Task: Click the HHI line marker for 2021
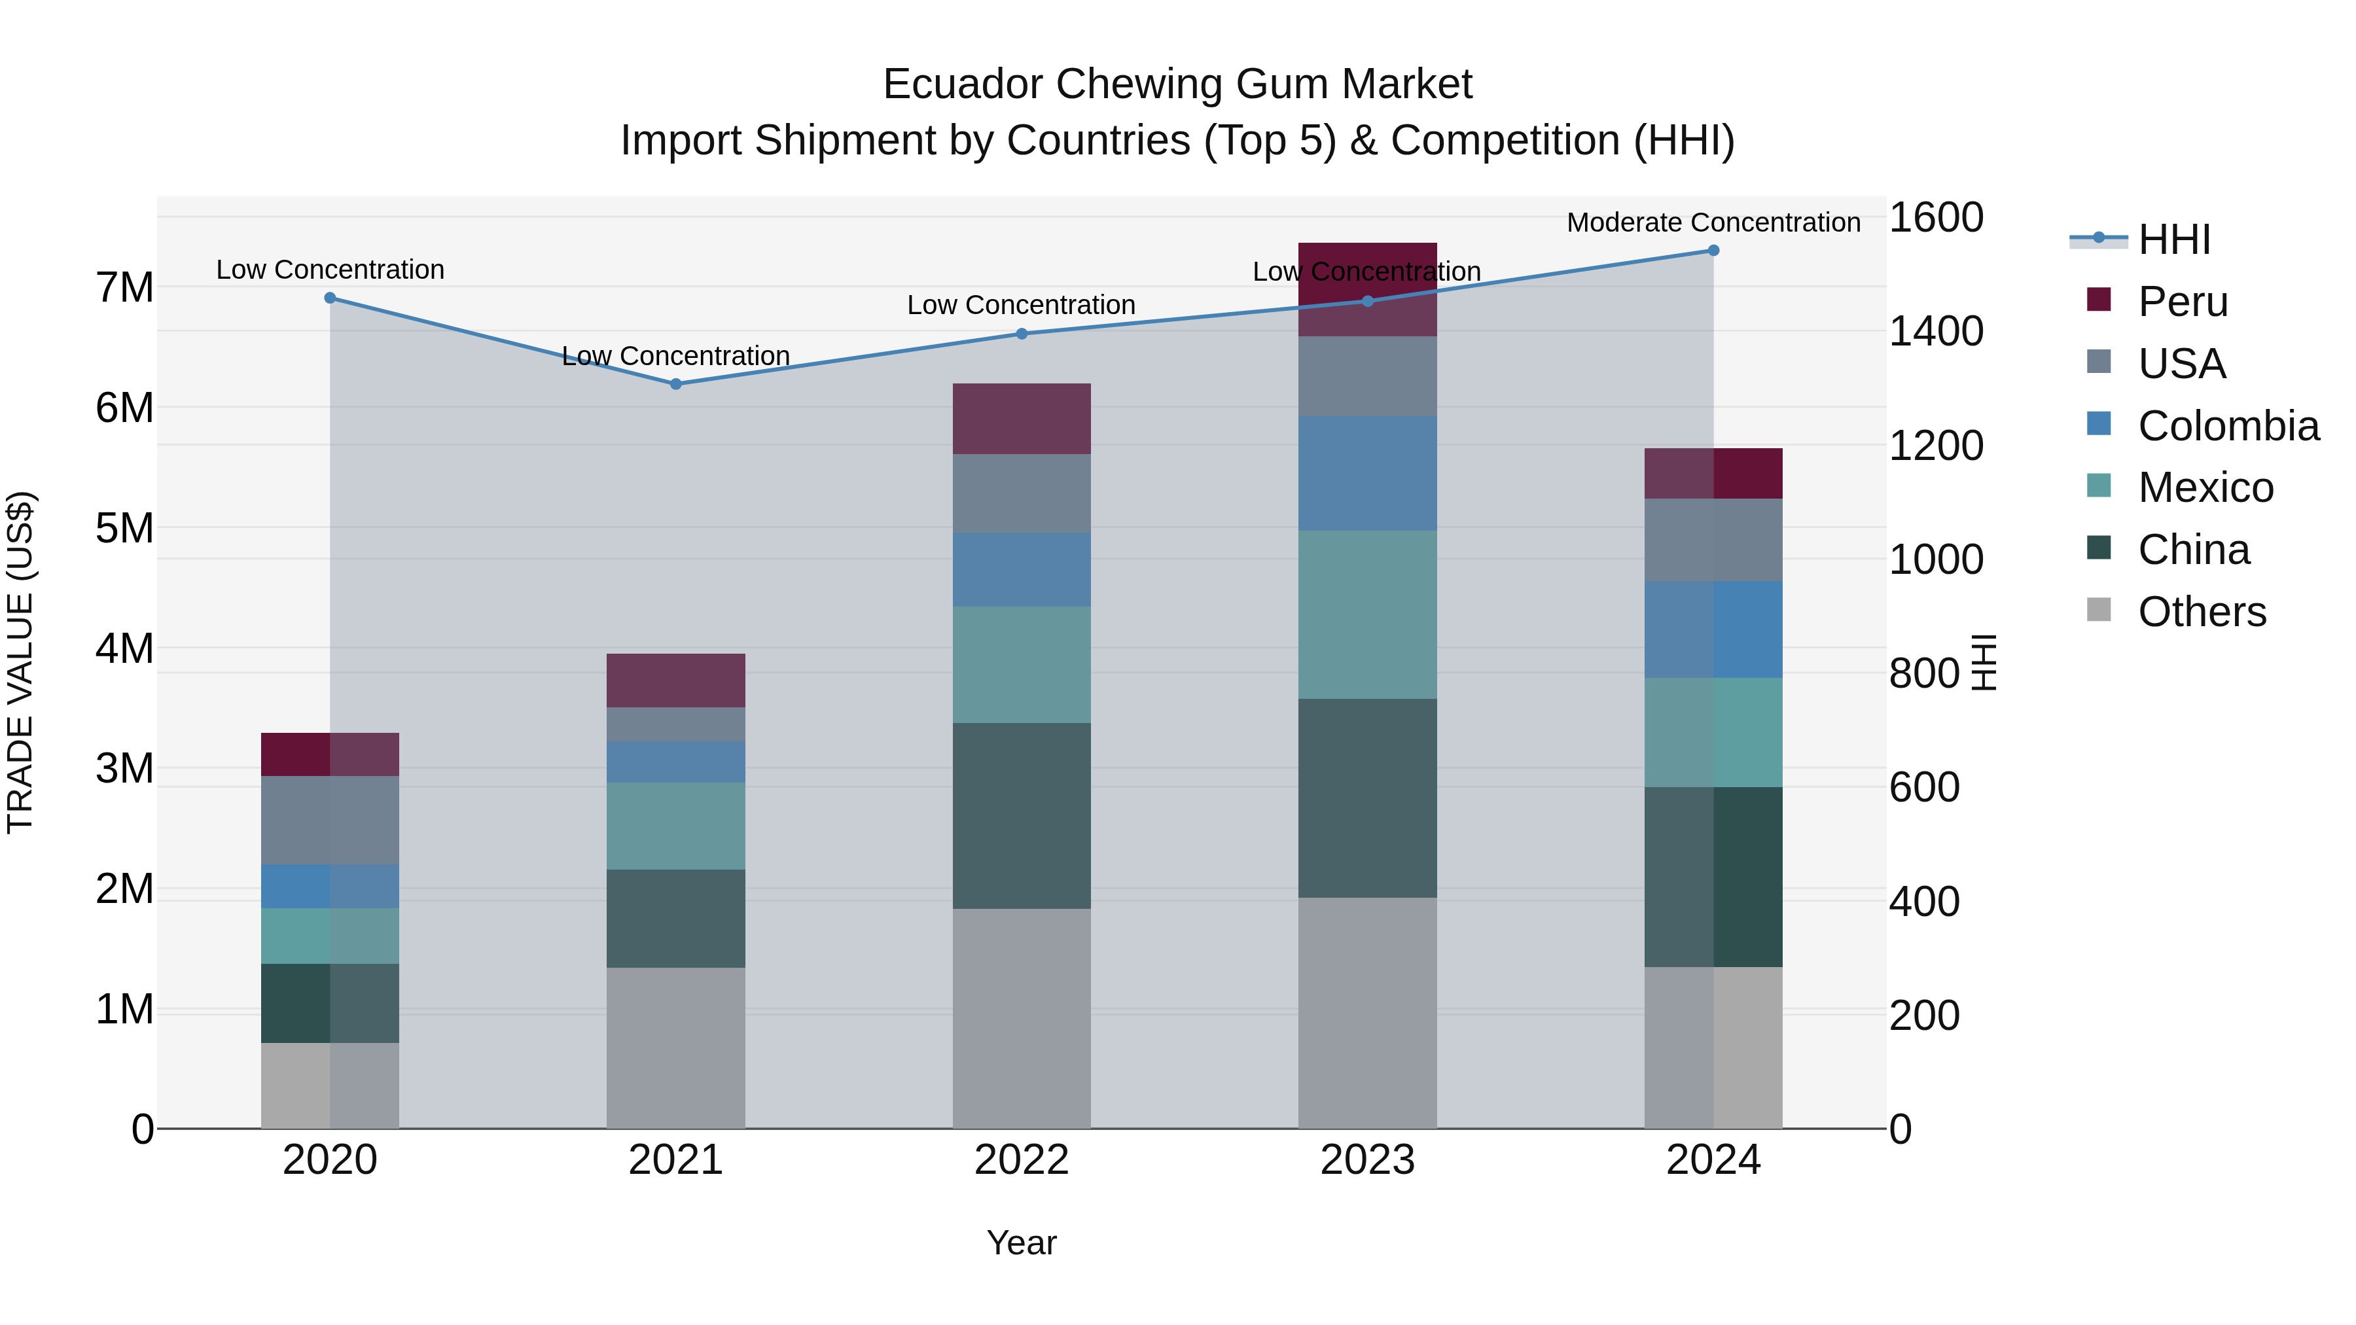click(x=676, y=384)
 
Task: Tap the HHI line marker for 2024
click(x=1713, y=251)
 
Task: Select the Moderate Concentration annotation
click(x=1713, y=222)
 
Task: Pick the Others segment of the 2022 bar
click(x=1022, y=1017)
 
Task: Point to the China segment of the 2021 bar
click(x=676, y=918)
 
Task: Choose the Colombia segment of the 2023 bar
click(x=1367, y=474)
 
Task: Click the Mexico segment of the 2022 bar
click(x=1022, y=665)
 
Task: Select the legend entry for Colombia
click(x=2228, y=426)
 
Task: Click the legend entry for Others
click(x=2202, y=612)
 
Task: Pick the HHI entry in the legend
click(x=2174, y=239)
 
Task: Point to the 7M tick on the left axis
click(x=124, y=288)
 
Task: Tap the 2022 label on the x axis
click(x=1022, y=1160)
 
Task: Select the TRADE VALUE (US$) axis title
click(x=20, y=662)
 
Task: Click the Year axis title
click(x=1022, y=1243)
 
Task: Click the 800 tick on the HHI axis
click(x=1923, y=674)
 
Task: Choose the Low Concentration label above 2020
click(x=330, y=270)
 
